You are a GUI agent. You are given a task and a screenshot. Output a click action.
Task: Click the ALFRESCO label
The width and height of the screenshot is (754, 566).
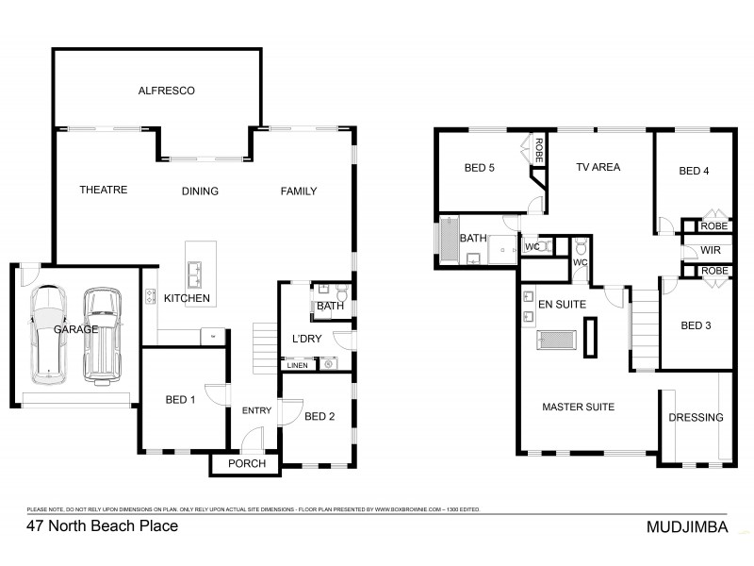(166, 92)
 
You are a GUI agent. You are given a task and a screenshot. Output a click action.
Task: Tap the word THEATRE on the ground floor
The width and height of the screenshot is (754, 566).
(103, 190)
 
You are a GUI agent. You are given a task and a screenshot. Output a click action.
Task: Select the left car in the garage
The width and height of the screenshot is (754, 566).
(48, 334)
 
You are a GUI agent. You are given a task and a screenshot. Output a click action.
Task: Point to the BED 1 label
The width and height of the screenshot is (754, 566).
(179, 399)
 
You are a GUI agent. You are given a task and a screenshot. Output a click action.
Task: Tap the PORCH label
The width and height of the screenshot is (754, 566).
(247, 463)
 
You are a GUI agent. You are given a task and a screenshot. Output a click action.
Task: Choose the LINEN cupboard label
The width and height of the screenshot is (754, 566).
(297, 364)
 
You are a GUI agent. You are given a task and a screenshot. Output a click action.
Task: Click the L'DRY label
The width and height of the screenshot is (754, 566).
(307, 339)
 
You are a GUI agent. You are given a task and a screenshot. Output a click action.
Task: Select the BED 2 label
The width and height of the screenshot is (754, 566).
(320, 416)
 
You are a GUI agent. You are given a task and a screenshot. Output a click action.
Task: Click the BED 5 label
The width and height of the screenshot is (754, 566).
(480, 169)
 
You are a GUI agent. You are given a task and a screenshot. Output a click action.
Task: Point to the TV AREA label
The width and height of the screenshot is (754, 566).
(598, 167)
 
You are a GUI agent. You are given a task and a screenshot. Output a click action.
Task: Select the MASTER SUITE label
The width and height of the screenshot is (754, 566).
(578, 407)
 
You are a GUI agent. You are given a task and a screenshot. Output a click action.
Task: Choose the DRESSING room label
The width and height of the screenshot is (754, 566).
(696, 417)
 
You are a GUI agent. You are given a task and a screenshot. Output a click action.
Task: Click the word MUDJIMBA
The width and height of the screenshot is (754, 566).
(686, 528)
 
